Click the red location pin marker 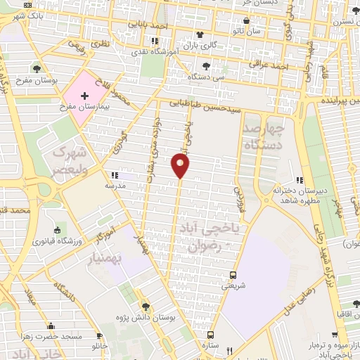(181, 165)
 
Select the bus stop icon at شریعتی (233, 275)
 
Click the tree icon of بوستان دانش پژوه (146, 307)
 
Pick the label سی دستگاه (211, 77)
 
